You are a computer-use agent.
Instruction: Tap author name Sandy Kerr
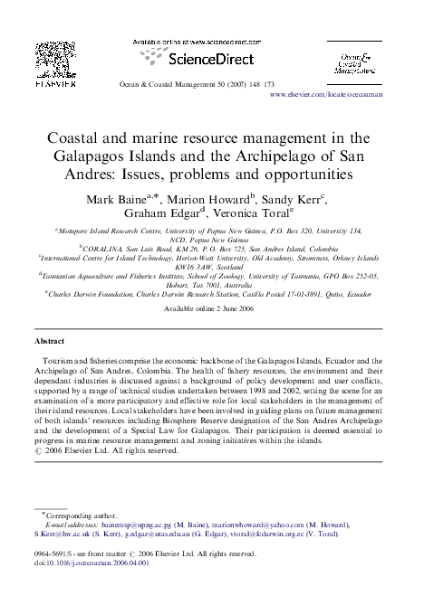coord(294,197)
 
